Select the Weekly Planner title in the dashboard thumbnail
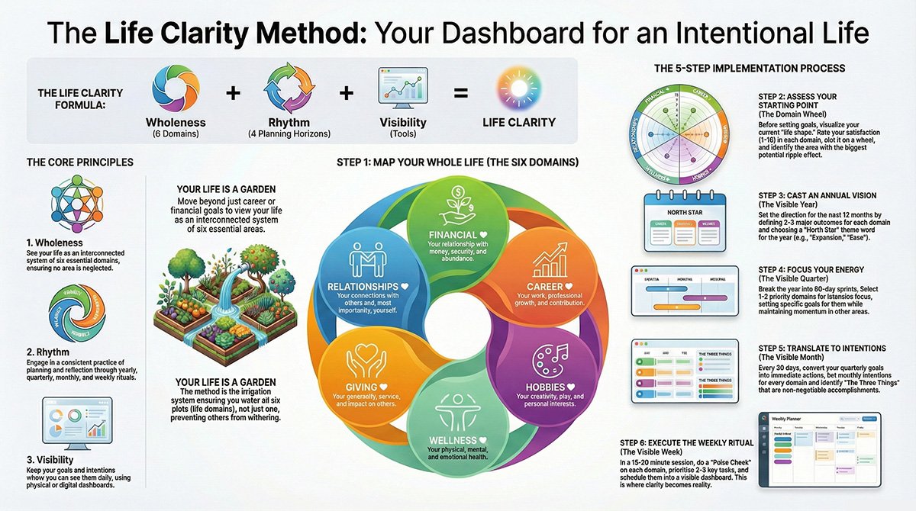click(x=794, y=419)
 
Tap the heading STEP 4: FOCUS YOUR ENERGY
click(x=810, y=269)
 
